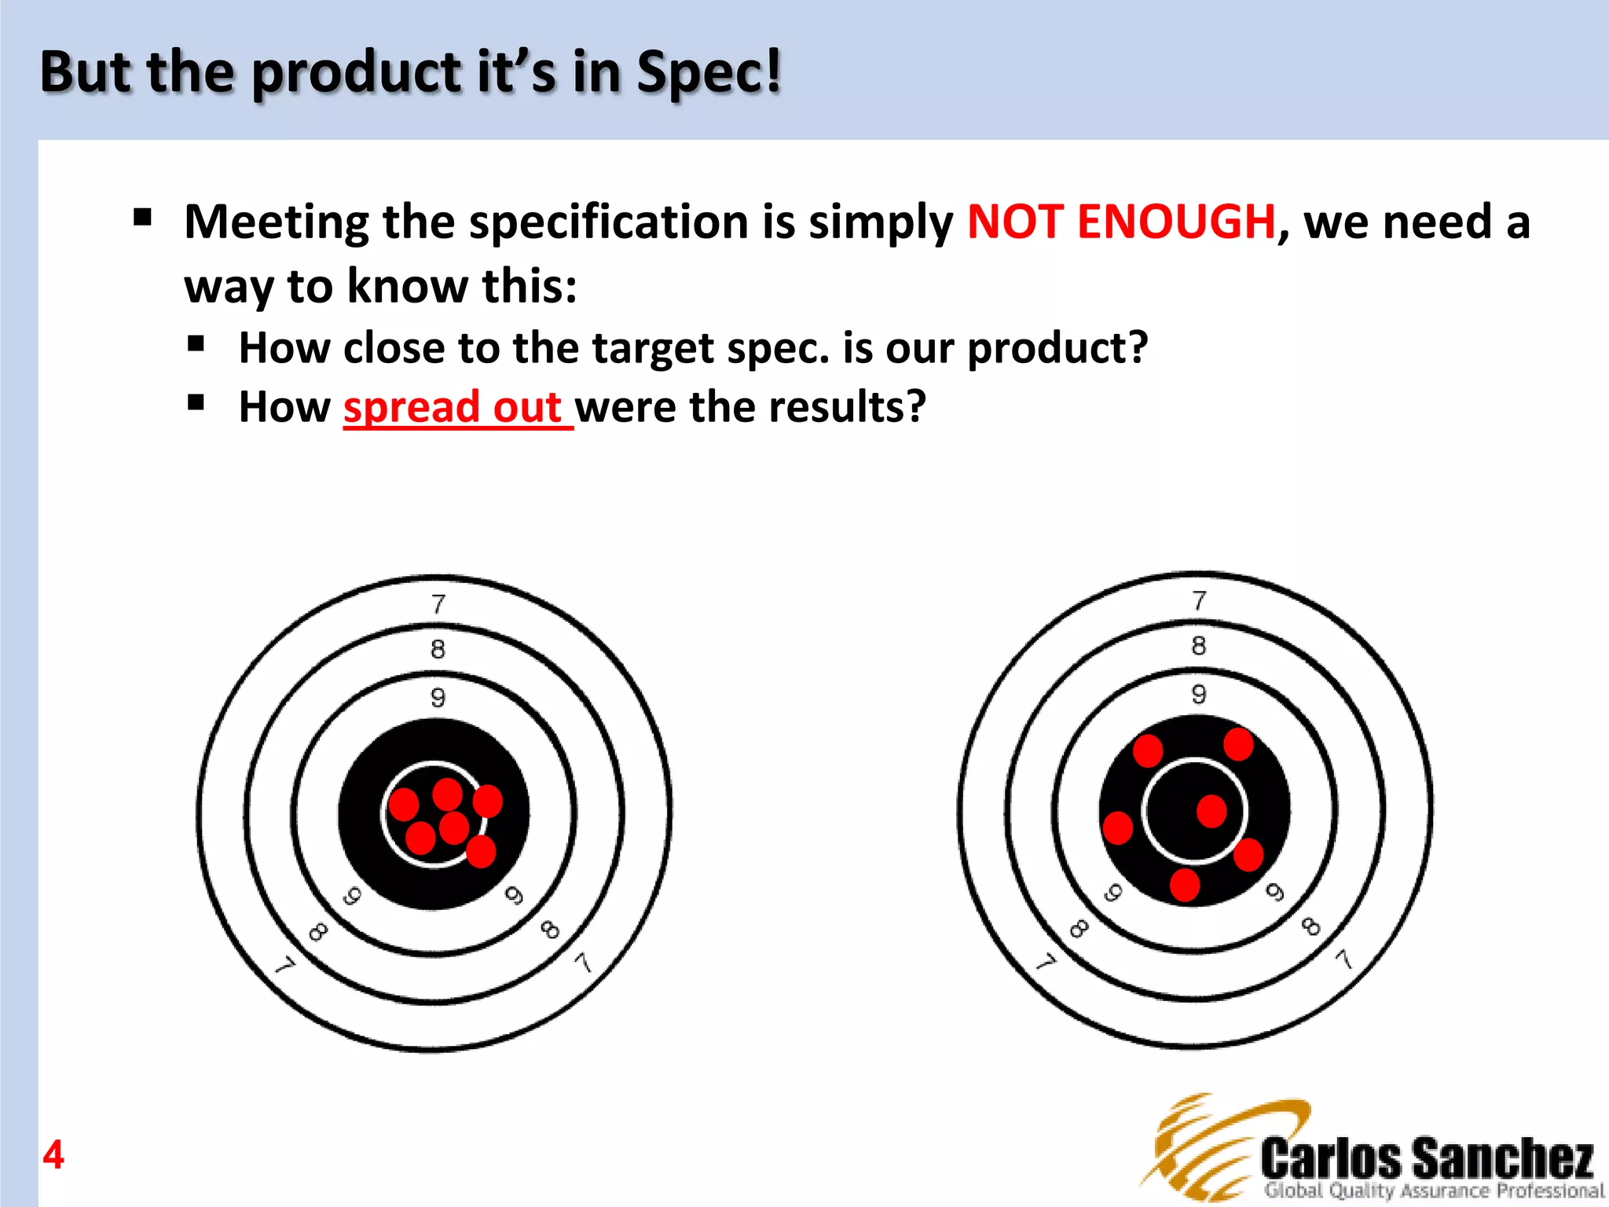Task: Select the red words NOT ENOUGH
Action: click(x=1121, y=222)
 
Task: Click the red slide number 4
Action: click(x=53, y=1155)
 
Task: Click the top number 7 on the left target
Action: click(x=438, y=603)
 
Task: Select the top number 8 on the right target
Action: click(x=1198, y=646)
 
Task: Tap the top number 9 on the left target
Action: click(x=438, y=697)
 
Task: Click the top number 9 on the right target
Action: click(x=1198, y=694)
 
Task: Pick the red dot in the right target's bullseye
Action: click(x=1211, y=811)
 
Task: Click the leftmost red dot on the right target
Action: click(x=1118, y=827)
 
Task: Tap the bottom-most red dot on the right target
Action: click(x=1185, y=884)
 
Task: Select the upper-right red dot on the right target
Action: click(x=1238, y=744)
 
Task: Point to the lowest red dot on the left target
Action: click(x=481, y=851)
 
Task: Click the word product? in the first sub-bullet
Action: click(x=1057, y=348)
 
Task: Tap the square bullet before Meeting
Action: click(x=142, y=217)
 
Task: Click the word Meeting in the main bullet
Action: click(x=276, y=222)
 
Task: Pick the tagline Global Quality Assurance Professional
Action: click(x=1432, y=1190)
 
